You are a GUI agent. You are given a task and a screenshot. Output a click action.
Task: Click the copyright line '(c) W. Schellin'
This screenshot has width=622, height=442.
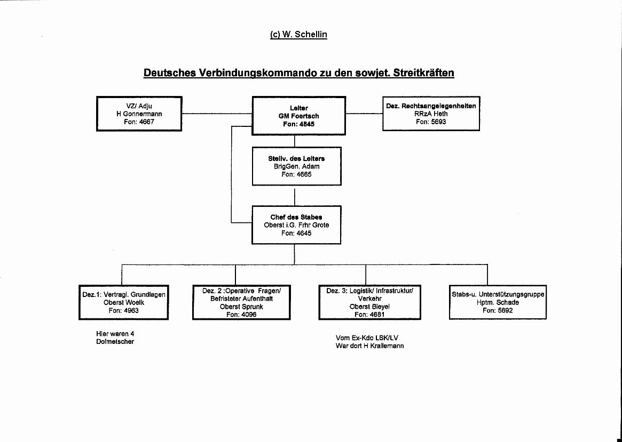298,35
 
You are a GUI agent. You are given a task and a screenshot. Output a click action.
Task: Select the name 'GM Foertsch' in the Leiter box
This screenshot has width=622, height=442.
298,116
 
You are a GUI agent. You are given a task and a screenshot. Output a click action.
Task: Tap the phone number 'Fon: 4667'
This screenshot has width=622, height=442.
139,122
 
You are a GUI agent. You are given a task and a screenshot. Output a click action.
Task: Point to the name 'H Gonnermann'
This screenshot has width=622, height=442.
139,114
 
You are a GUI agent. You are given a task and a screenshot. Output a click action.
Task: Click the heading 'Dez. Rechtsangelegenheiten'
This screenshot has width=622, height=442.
431,106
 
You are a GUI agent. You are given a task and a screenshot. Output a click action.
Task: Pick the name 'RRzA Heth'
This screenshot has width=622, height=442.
431,114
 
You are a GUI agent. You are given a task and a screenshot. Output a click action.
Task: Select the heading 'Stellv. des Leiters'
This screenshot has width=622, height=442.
296,158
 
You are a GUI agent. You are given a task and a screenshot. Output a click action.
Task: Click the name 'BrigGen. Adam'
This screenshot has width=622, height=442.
296,166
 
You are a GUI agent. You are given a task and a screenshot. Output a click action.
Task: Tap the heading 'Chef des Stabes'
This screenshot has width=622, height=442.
296,217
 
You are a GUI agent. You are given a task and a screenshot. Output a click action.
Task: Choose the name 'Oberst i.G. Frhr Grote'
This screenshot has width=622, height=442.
296,225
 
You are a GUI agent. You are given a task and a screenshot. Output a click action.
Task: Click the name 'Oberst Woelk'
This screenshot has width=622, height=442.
124,303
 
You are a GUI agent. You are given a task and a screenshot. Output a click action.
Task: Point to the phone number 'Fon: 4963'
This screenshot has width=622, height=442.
124,310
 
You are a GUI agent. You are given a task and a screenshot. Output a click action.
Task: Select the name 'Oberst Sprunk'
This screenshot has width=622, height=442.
241,307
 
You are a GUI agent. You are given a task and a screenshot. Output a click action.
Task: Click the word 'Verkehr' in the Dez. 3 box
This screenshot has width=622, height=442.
369,299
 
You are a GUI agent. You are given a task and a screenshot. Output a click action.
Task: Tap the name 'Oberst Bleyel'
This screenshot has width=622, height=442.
369,307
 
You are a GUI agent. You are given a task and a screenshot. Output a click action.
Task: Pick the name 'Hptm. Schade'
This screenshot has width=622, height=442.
498,303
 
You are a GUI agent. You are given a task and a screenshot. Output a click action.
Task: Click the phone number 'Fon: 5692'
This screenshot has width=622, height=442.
498,310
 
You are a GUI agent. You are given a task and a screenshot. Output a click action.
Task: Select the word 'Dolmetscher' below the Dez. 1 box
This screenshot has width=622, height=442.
115,341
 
